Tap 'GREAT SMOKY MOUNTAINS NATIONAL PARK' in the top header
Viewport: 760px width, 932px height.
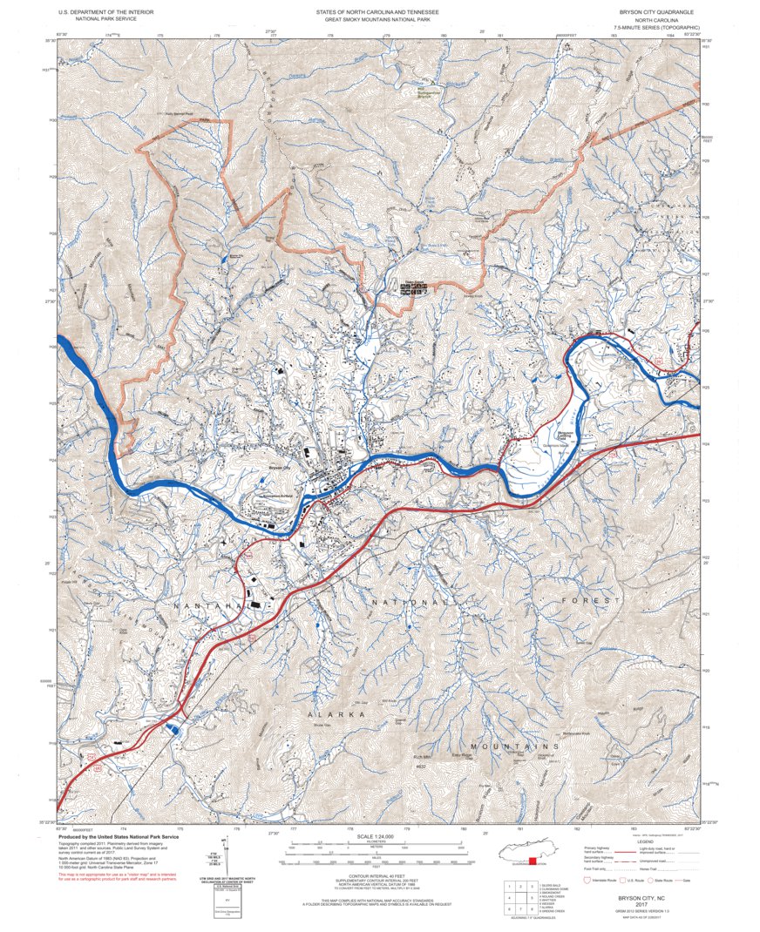point(380,19)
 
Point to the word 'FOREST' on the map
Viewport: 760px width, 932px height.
point(596,601)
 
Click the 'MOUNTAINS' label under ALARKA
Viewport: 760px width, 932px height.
point(513,747)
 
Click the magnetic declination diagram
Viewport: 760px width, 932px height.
point(223,858)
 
